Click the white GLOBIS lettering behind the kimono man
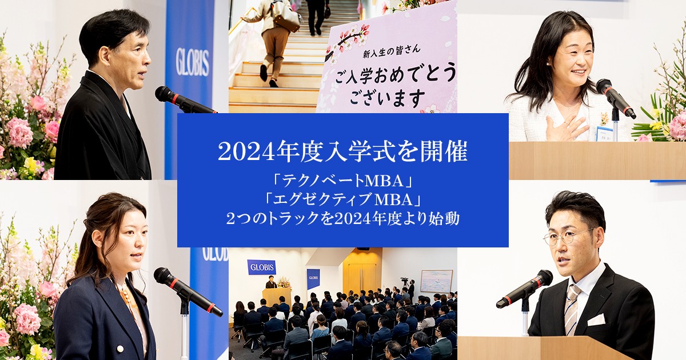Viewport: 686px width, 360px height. point(192,62)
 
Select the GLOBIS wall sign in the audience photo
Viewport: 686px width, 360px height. point(261,267)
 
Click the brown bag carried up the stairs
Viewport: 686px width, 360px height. point(286,19)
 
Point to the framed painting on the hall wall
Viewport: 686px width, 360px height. point(436,281)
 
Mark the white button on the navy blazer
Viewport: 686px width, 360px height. point(121,333)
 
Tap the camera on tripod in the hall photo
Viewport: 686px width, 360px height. point(405,281)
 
